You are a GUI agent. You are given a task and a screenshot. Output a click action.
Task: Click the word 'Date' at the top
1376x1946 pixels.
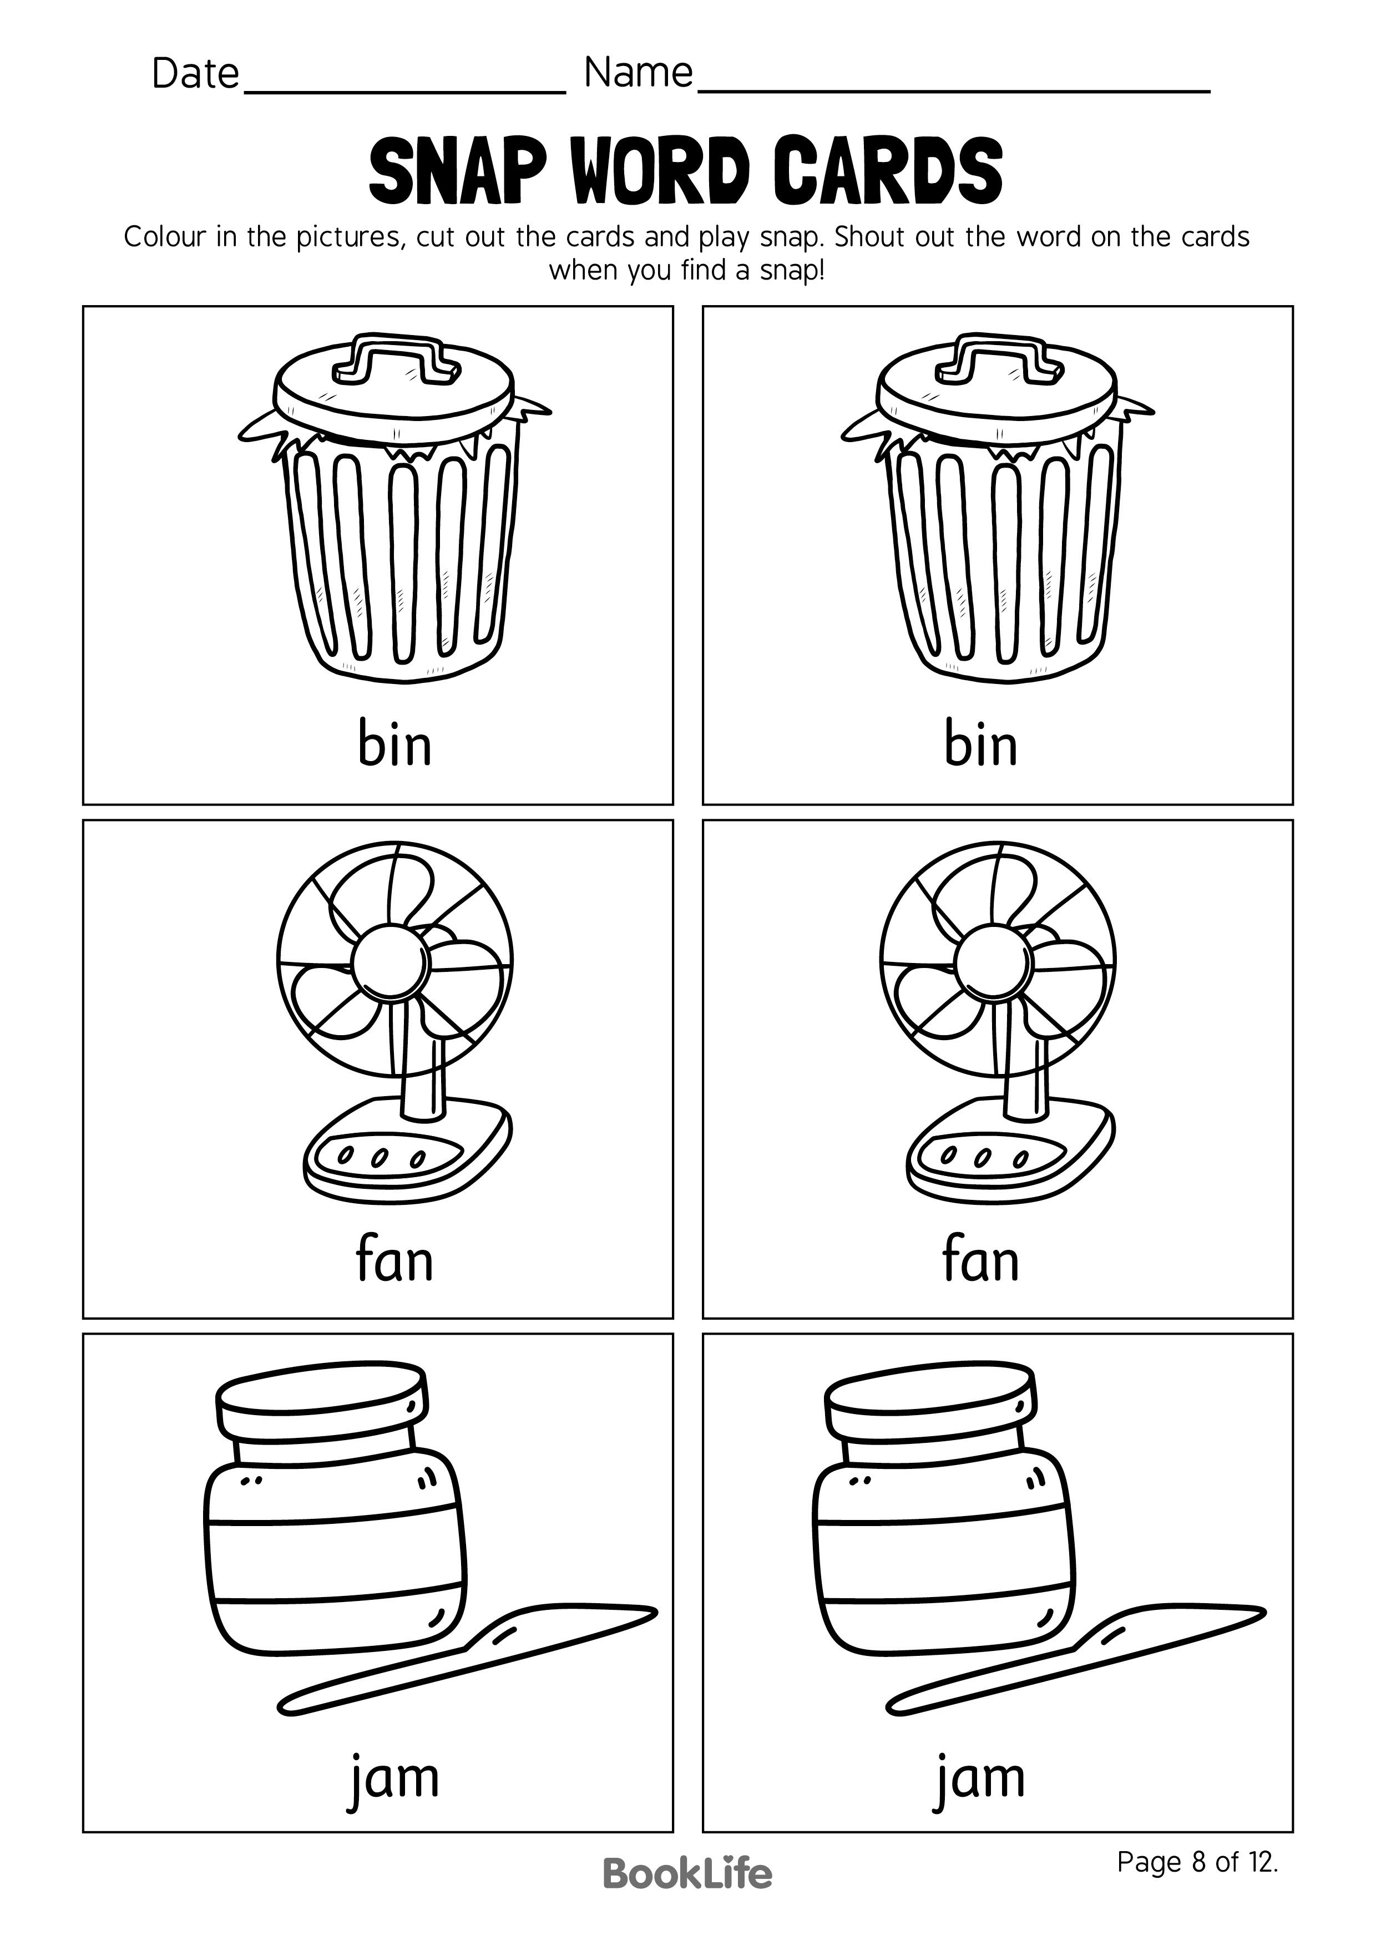pyautogui.click(x=195, y=74)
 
